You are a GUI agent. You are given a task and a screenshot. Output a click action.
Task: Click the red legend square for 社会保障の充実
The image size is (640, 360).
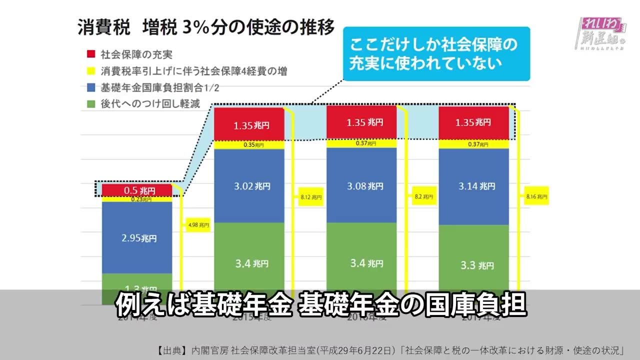(91, 54)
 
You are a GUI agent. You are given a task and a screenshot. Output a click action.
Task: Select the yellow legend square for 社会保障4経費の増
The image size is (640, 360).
(91, 70)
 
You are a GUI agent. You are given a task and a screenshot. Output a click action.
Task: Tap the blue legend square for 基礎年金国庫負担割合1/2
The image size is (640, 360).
(91, 87)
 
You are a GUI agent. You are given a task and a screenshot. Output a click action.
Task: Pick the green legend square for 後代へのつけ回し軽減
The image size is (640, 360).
(91, 104)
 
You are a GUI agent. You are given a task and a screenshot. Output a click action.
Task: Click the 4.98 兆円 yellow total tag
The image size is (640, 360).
(197, 225)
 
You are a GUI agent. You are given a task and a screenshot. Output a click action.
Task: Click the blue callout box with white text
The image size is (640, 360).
(436, 53)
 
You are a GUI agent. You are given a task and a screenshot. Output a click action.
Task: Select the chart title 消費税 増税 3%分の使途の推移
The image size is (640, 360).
(205, 27)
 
